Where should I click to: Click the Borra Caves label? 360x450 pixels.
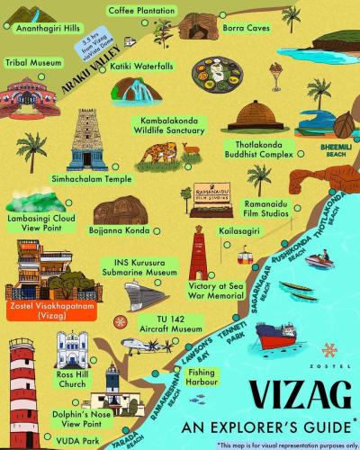pos(247,28)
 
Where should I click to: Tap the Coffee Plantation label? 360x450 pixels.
pos(140,10)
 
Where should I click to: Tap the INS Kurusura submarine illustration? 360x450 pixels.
pos(146,292)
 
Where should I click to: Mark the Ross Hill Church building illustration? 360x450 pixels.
pos(72,349)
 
